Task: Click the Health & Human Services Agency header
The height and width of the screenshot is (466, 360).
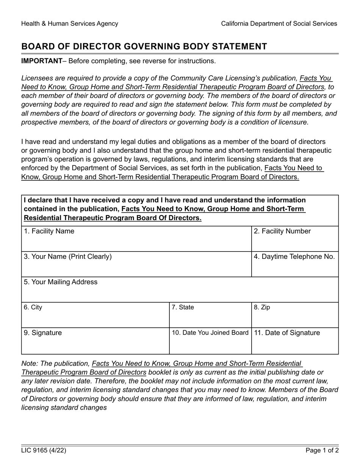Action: coord(70,23)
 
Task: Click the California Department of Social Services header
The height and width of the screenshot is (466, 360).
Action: coord(279,23)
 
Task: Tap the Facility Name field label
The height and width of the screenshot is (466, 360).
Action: coord(49,231)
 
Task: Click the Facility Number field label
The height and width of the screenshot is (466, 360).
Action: coord(282,231)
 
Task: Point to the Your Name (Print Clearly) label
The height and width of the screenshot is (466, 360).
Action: coord(68,257)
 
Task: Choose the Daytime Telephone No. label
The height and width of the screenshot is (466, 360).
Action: coord(294,257)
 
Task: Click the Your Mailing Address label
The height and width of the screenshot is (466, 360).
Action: coord(61,282)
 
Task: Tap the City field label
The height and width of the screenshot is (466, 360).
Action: coord(33,307)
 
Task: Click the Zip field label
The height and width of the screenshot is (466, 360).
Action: coord(262,307)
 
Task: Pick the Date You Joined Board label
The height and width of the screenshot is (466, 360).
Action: coord(210,333)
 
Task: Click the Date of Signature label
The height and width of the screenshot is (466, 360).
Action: coord(287,333)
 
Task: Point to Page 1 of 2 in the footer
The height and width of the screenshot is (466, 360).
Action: coord(322,450)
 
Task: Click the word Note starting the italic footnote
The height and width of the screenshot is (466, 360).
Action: coord(30,364)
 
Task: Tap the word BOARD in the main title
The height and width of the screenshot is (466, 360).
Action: coord(37,47)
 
